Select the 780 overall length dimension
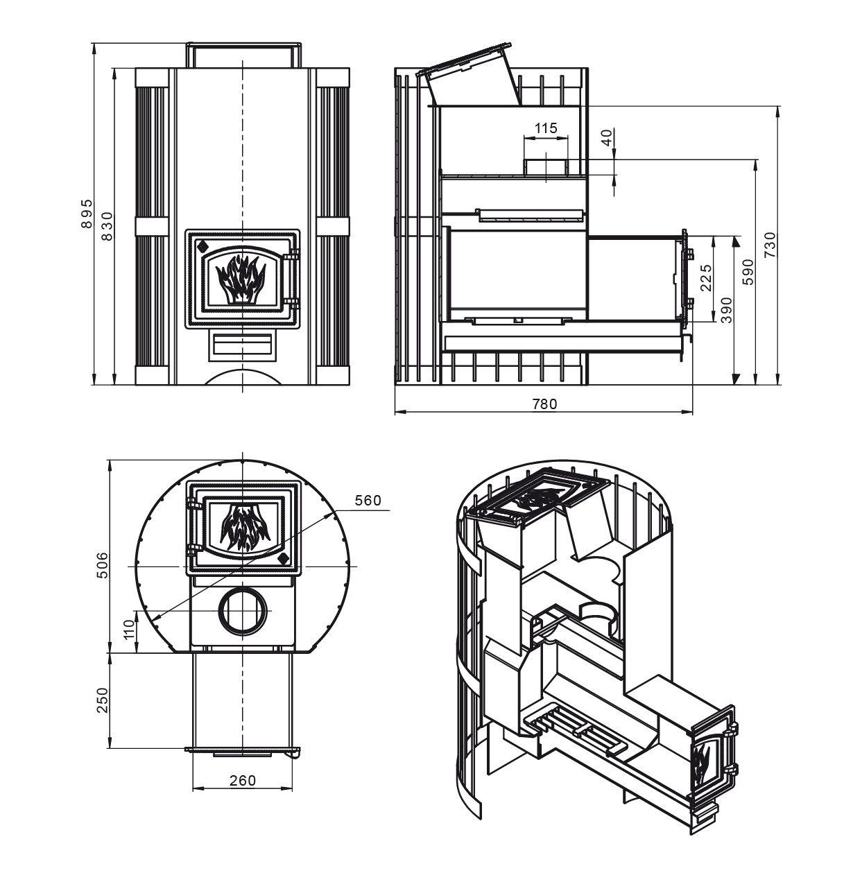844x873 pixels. click(544, 404)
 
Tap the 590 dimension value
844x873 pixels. click(748, 272)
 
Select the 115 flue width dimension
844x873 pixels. click(546, 128)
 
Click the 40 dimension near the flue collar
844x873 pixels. click(608, 138)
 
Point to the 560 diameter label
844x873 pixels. click(368, 501)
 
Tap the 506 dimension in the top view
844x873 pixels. click(102, 566)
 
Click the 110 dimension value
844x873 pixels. click(128, 630)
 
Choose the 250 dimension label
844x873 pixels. click(102, 700)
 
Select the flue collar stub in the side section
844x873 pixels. click(546, 166)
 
